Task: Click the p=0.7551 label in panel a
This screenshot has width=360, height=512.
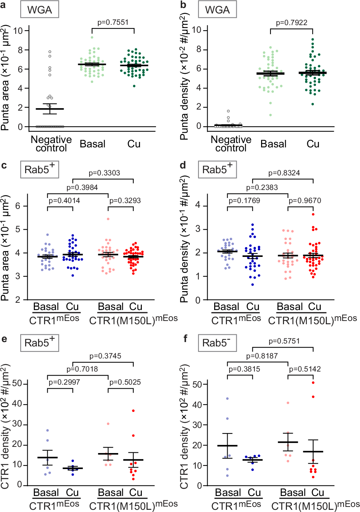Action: point(113,22)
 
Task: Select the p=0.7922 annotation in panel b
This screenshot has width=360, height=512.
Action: point(291,23)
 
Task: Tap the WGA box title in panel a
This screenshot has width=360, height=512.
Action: point(40,10)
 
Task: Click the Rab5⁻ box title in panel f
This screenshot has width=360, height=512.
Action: point(217,343)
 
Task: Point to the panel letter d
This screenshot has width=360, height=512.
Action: point(183,165)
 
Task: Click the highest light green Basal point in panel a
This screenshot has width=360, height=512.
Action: point(92,37)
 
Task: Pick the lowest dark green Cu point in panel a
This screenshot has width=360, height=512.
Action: point(134,86)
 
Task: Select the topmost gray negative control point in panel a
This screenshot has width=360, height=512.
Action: point(50,52)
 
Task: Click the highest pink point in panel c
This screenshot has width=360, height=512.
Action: point(108,219)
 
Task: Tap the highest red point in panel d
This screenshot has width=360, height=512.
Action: point(313,214)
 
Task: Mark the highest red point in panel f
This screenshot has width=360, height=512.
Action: point(313,382)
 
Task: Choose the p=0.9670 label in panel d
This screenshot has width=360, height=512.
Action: point(304,201)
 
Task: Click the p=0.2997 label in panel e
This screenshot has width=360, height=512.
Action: point(64,382)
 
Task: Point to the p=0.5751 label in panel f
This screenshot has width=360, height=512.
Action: point(284,341)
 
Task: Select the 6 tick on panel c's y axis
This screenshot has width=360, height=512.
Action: point(17,206)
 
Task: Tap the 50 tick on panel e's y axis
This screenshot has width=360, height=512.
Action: point(17,384)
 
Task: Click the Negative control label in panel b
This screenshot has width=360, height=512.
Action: point(231,144)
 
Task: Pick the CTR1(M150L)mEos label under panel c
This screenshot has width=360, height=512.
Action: point(133,320)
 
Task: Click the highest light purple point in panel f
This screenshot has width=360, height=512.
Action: point(227,398)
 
